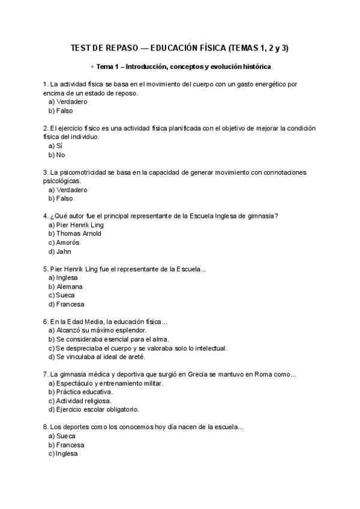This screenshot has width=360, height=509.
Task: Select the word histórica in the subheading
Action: pyautogui.click(x=253, y=66)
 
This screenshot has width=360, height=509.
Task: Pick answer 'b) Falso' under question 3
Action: pyautogui.click(x=60, y=198)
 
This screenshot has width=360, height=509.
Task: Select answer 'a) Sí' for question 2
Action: pyautogui.click(x=55, y=146)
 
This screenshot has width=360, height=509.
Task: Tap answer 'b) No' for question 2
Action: pyautogui.click(x=56, y=155)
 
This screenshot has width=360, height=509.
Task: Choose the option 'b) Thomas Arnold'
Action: pyautogui.click(x=75, y=233)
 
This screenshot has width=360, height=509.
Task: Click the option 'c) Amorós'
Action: pyautogui.click(x=64, y=242)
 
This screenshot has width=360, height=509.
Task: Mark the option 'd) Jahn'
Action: pyautogui.click(x=59, y=251)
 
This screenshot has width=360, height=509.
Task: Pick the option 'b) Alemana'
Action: pyautogui.click(x=65, y=286)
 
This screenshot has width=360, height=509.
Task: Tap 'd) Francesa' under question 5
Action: pyautogui.click(x=66, y=304)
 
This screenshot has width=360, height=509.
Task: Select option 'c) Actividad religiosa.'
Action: pyautogui.click(x=79, y=400)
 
